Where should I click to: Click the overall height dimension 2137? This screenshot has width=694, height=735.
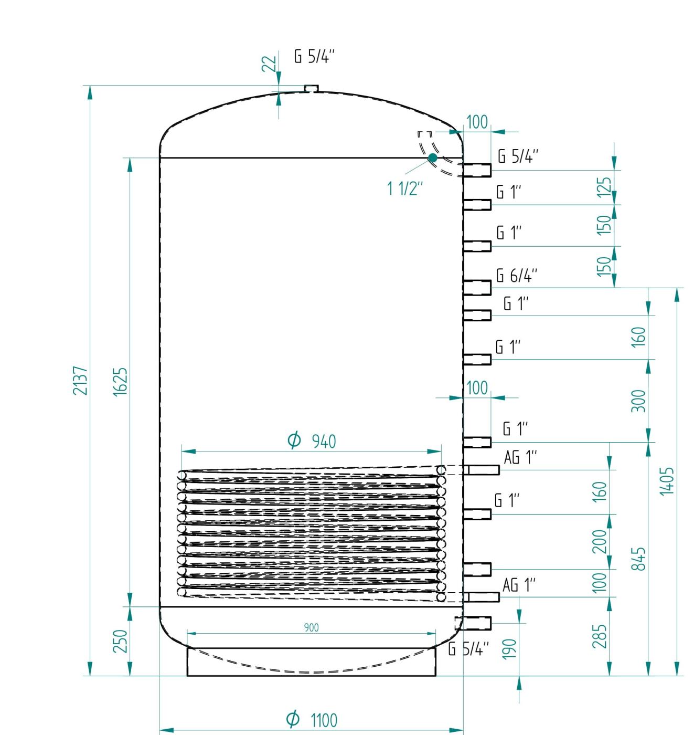pos(80,381)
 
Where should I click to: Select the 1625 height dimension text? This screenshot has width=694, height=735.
pos(120,382)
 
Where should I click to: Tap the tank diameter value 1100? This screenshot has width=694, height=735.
pos(324,720)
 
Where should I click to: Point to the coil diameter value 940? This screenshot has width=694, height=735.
pos(324,442)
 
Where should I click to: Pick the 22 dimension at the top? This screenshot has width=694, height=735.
pos(269,64)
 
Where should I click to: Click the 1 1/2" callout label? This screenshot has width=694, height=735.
pos(405,188)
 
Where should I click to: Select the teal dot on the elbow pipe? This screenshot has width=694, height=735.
pos(432,158)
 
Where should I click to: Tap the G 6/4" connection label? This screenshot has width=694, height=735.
pos(517,275)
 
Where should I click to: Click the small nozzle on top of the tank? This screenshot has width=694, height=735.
pos(312,88)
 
